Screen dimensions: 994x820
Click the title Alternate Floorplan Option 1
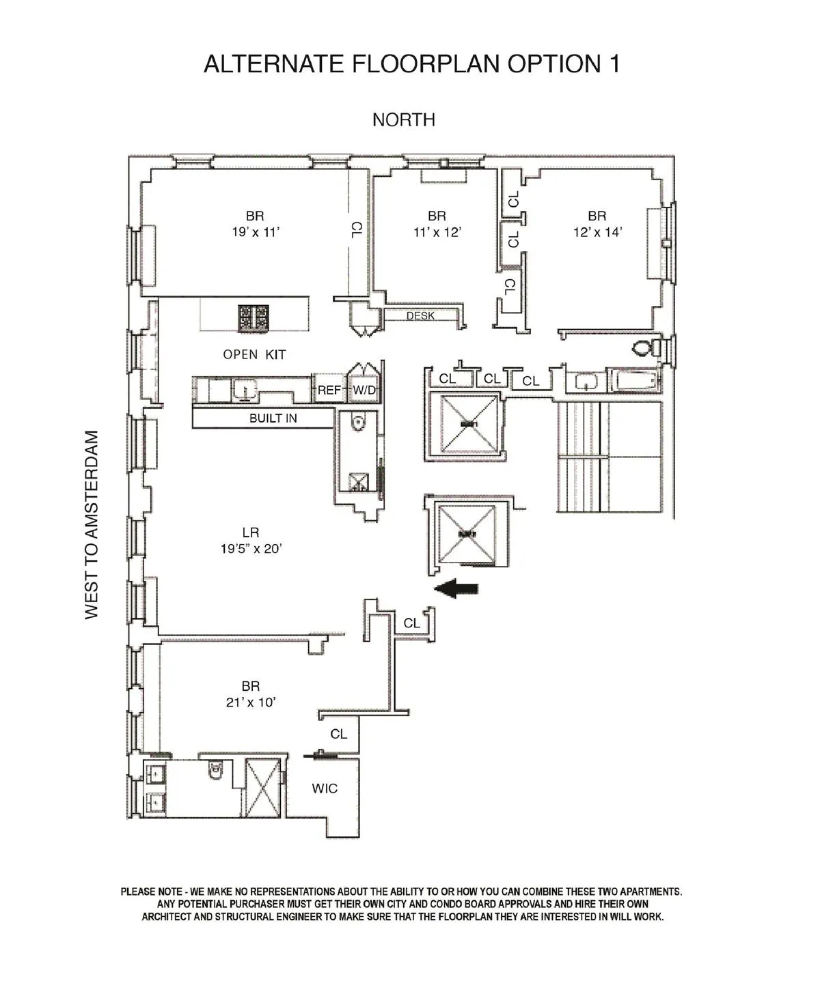click(411, 63)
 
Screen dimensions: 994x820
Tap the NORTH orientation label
click(404, 120)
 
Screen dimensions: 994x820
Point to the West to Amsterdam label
click(92, 524)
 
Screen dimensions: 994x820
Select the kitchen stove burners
click(254, 319)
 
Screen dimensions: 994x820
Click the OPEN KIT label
click(254, 354)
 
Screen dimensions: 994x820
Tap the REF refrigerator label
click(329, 390)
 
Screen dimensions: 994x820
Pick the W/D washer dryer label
click(364, 390)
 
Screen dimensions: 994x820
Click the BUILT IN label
click(273, 418)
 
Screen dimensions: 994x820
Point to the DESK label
click(420, 316)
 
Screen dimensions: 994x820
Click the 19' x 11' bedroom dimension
click(256, 232)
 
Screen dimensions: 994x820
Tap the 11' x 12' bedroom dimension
click(437, 232)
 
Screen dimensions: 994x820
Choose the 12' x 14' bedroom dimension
click(597, 232)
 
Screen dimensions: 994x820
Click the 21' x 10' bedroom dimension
click(251, 702)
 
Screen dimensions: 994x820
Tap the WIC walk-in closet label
click(325, 789)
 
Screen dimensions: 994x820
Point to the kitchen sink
click(243, 390)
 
